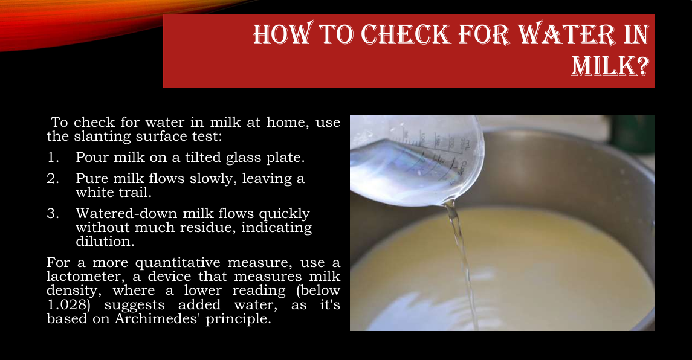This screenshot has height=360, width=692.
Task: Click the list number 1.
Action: [53, 157]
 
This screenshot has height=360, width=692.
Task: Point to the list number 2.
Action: [53, 178]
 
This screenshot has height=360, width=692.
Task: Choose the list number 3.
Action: [53, 214]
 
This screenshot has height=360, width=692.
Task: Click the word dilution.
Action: [105, 242]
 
